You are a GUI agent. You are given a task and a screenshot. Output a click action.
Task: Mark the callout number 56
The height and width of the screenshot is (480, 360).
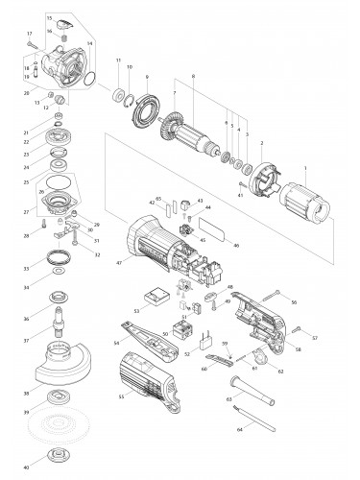294,302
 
